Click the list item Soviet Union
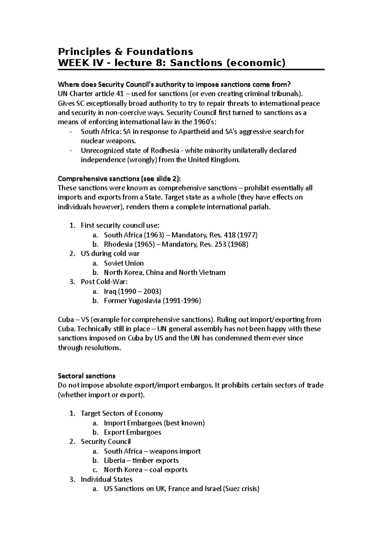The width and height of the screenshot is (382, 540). (124, 263)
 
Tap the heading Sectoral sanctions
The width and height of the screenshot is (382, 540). (87, 376)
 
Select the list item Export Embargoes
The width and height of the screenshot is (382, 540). (132, 432)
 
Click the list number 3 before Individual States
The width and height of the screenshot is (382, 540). (72, 479)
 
